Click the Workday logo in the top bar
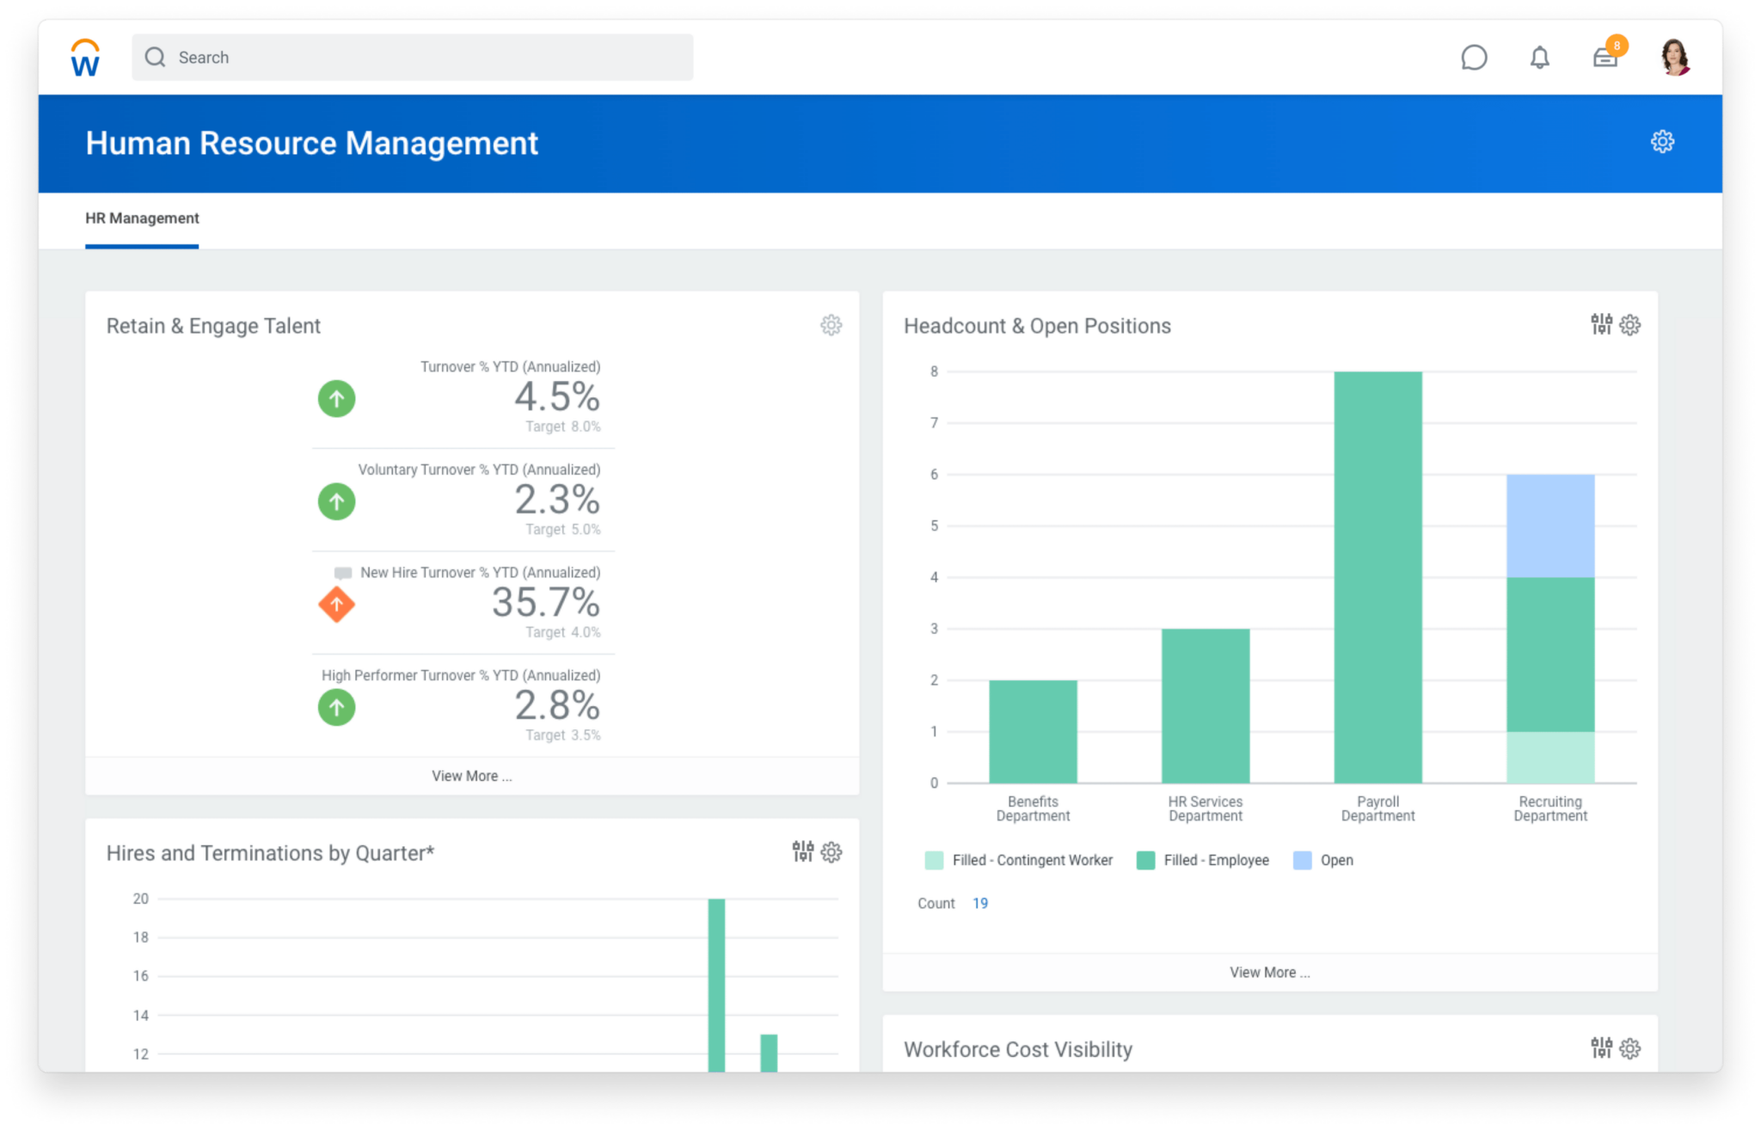(85, 58)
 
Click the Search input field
(413, 58)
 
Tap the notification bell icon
(1539, 58)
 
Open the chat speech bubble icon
(1474, 58)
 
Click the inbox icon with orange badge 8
(1605, 57)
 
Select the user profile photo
(1674, 58)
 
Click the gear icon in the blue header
(1662, 142)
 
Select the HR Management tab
(142, 218)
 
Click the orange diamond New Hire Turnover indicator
(336, 605)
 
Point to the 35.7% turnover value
(546, 602)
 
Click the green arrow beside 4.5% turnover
(336, 399)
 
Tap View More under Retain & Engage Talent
(471, 776)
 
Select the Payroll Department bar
(1378, 576)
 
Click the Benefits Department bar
(1033, 731)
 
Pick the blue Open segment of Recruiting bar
(1550, 525)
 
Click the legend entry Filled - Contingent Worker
(1032, 860)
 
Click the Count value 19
(980, 903)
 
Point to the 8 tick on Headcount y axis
(934, 372)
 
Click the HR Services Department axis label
(1206, 808)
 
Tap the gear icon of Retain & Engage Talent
(831, 325)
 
